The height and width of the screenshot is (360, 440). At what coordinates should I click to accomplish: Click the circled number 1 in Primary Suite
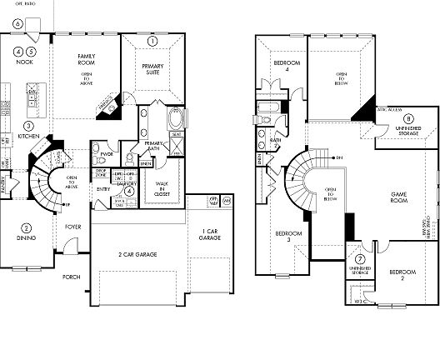pyautogui.click(x=152, y=41)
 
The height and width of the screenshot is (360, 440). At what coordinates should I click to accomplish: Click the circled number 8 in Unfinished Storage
pyautogui.click(x=386, y=118)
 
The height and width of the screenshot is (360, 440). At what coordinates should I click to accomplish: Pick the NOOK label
pyautogui.click(x=24, y=62)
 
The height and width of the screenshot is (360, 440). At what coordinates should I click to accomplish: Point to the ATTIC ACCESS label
pyautogui.click(x=389, y=110)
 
